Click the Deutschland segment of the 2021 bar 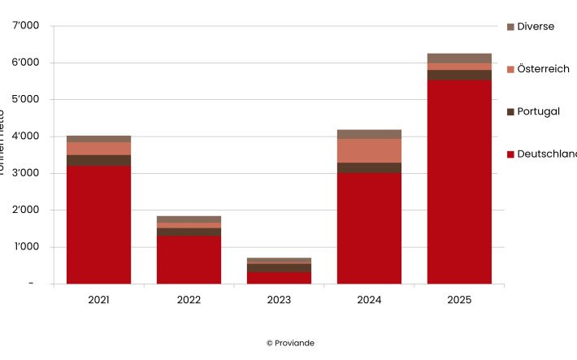pos(98,224)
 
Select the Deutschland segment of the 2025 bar pos(459,181)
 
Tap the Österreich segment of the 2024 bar pos(369,150)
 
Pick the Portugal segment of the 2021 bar pos(98,160)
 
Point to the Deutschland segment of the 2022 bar pos(189,259)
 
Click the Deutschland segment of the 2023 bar pos(279,277)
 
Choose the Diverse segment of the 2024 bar pos(369,134)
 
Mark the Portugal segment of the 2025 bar pos(459,75)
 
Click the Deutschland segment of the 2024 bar pos(369,228)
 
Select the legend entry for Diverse pos(535,27)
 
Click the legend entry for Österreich pos(542,69)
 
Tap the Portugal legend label pos(538,111)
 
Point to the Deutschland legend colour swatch pos(510,154)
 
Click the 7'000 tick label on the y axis pos(25,26)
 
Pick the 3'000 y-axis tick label pos(25,173)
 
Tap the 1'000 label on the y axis pos(25,247)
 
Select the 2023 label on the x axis pos(279,300)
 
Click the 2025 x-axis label pos(459,300)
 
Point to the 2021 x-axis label pos(98,300)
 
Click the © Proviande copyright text pos(290,343)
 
